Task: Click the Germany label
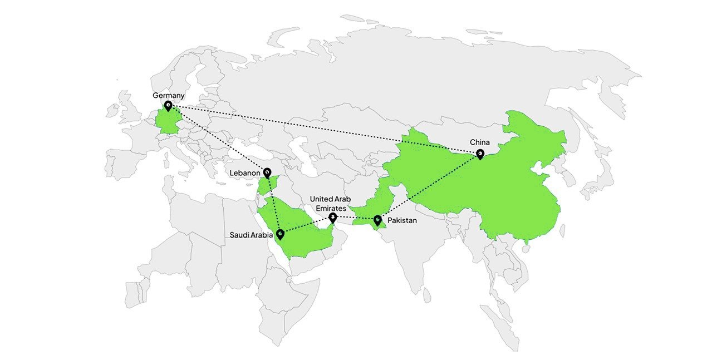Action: point(168,96)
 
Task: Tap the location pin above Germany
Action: point(168,105)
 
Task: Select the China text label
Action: point(479,142)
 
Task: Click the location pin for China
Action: point(480,154)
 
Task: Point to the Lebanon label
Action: point(245,173)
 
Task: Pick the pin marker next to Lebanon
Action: point(267,172)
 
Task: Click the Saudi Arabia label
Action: point(251,235)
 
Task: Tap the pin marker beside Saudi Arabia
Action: point(280,234)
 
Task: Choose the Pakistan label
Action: point(402,220)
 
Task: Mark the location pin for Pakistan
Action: point(377,220)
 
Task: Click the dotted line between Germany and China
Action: point(323,129)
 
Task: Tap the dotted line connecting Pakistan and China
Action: point(429,186)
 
